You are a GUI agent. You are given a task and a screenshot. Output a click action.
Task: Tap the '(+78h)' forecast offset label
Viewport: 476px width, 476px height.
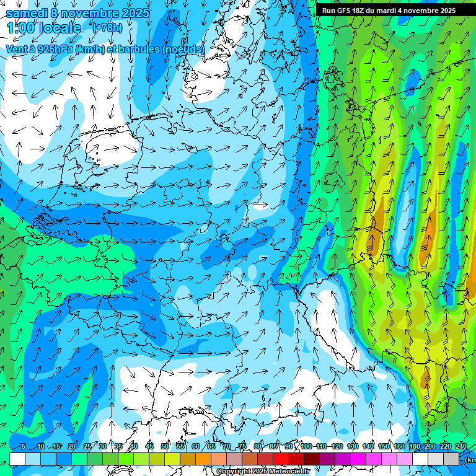pos(107,29)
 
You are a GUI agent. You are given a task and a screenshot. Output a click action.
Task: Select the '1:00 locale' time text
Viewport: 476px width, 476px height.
pos(43,29)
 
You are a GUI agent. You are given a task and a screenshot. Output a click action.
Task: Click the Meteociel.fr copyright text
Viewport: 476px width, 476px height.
pos(263,472)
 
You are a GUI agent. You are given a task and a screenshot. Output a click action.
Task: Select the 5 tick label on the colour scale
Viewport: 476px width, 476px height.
pos(23,447)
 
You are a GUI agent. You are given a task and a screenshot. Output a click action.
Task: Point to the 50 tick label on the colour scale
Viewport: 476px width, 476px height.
pos(165,447)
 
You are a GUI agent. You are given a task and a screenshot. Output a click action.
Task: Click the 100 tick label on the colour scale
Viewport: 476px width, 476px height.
pos(306,447)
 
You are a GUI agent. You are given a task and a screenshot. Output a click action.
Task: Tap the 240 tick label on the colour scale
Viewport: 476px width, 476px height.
pos(461,447)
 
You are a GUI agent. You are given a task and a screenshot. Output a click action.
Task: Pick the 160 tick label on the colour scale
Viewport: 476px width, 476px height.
pos(399,447)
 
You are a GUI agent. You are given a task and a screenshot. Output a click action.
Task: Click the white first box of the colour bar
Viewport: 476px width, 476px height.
pos(17,459)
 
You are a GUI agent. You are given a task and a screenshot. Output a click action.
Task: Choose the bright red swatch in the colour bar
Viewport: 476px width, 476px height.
pos(281,459)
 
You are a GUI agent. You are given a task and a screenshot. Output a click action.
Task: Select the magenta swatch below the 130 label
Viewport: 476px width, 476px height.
pos(358,459)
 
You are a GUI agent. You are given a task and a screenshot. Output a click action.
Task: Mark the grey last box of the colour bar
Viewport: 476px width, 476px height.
pos(451,459)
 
